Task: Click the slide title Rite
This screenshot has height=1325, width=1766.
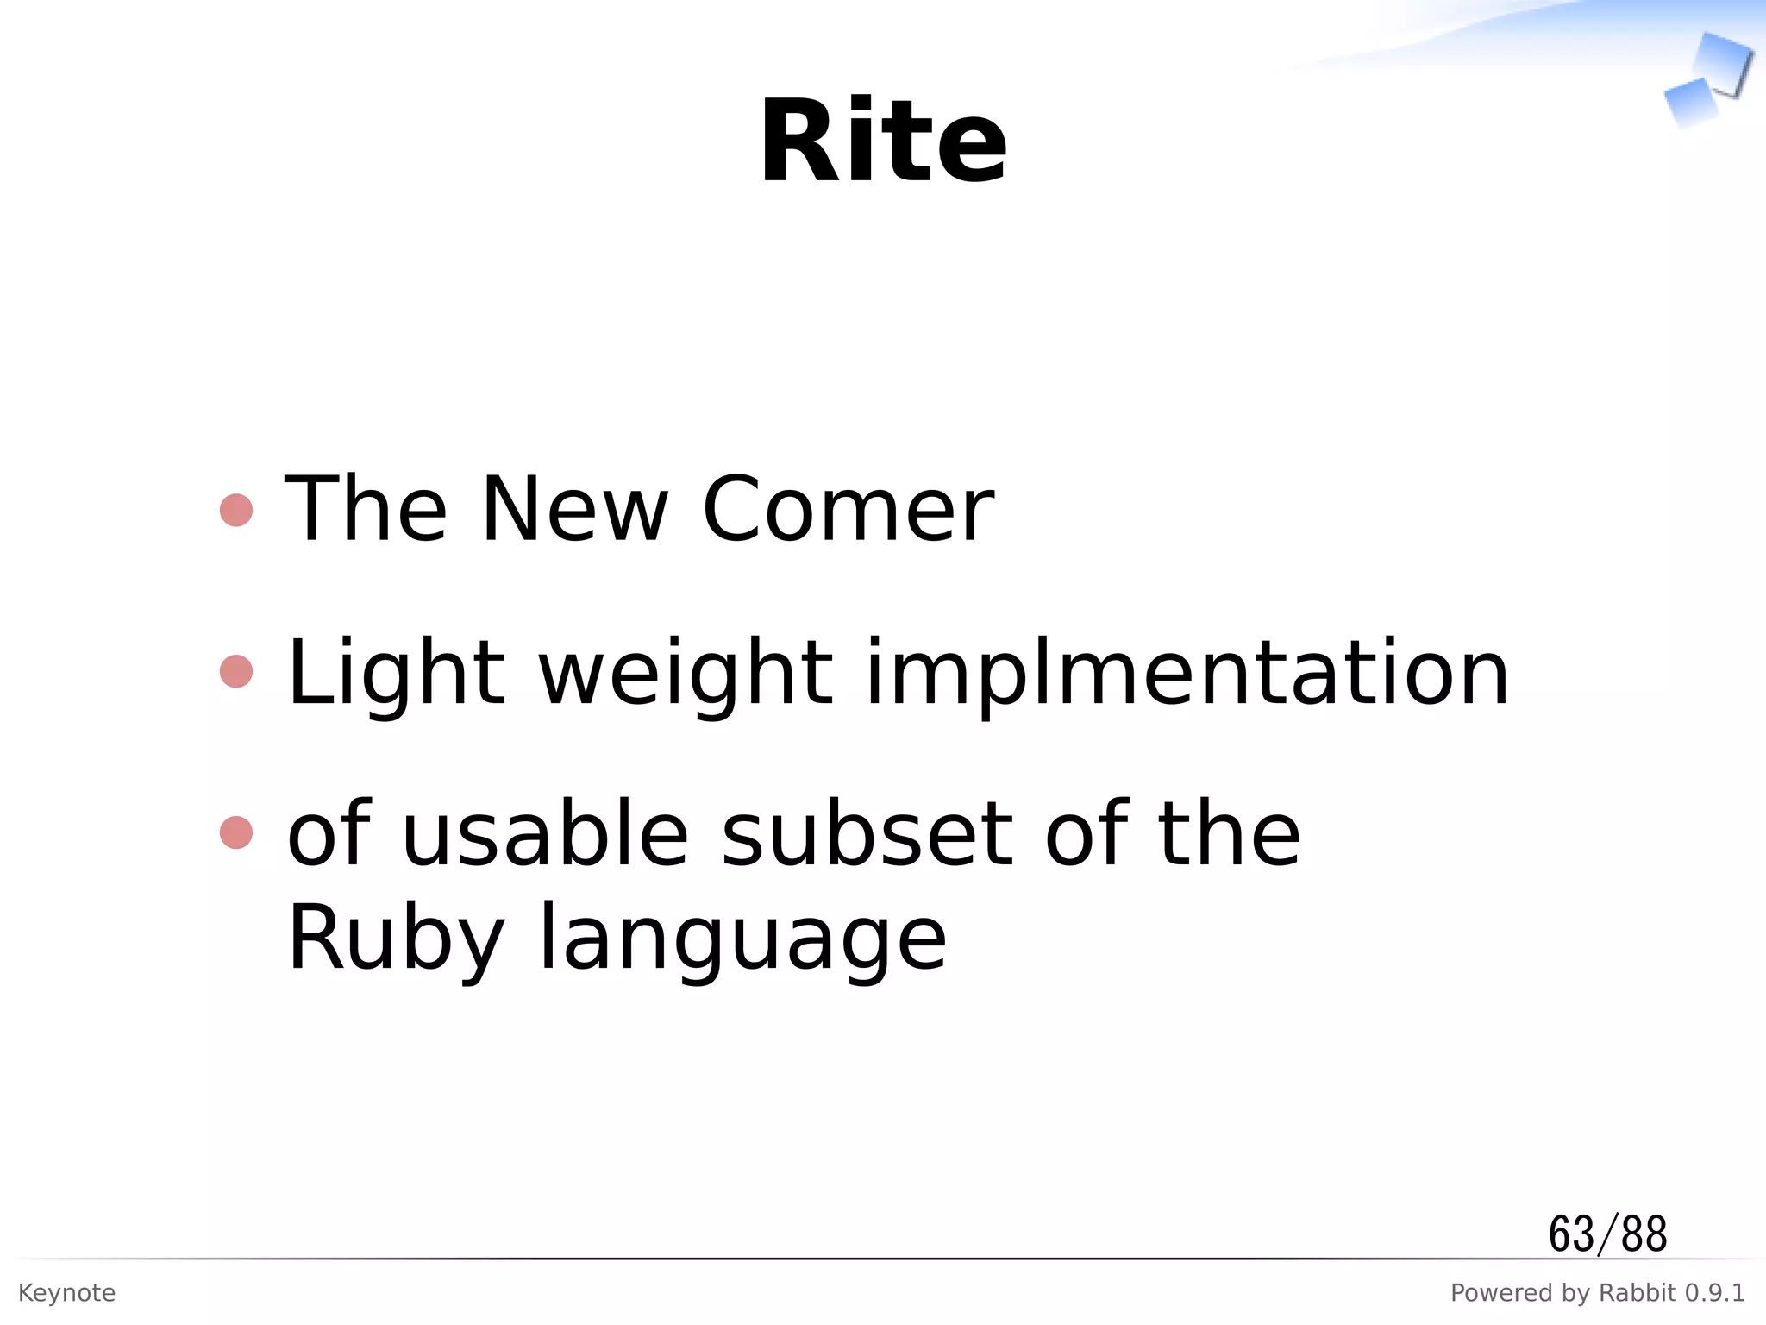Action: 883,142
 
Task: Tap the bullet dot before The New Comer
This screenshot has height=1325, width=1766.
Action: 236,510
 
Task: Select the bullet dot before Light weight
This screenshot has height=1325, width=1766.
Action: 236,672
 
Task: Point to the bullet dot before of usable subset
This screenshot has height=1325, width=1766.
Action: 236,833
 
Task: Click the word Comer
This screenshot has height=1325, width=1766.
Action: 849,510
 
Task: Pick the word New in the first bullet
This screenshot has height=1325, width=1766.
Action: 574,510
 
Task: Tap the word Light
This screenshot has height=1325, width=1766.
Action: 396,674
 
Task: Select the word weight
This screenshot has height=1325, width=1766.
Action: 686,674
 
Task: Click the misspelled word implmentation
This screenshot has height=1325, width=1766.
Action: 1187,674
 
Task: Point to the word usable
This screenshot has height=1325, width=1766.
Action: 545,834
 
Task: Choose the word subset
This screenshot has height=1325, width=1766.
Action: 867,834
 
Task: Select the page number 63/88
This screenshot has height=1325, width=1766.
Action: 1607,1234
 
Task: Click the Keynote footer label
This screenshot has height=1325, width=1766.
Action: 66,1293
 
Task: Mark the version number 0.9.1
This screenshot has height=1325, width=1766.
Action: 1714,1293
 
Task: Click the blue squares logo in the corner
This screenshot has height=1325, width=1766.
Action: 1707,79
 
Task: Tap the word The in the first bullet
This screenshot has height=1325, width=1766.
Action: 366,510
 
